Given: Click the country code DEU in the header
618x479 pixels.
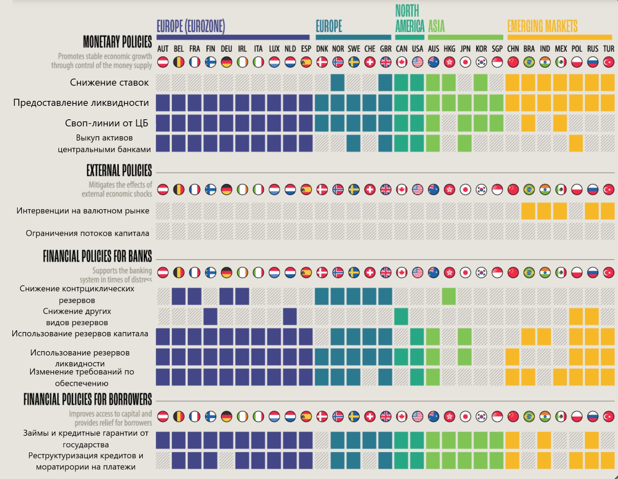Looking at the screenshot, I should click(226, 49).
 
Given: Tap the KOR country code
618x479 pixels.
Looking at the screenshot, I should click(481, 49).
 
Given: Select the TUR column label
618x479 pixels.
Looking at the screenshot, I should click(608, 49).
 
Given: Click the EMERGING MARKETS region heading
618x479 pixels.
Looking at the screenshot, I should click(542, 26).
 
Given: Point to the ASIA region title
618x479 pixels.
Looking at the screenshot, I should click(436, 26).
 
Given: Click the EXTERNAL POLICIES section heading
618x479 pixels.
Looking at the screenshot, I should click(119, 170).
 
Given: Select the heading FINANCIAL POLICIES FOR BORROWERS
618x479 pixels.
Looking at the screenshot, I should click(88, 399).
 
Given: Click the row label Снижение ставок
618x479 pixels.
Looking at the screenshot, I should click(109, 82).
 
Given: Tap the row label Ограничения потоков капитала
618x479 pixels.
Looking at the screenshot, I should click(87, 233).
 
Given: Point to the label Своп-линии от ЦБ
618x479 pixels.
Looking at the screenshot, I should click(106, 123).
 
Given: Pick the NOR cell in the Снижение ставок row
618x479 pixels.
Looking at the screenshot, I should click(338, 82).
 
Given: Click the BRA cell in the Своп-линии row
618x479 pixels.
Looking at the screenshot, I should click(528, 123).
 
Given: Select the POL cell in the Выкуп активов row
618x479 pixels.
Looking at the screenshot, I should click(576, 143).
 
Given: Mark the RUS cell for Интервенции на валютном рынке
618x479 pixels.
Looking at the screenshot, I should click(592, 211).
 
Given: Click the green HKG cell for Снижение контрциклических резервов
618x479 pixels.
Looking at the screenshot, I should click(449, 296).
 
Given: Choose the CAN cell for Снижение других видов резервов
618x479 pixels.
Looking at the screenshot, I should click(401, 317).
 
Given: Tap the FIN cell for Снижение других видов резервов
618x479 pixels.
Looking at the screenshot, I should click(210, 317).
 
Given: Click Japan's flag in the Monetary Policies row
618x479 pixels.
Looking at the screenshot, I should click(465, 62).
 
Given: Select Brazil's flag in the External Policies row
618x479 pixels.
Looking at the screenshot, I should click(529, 190).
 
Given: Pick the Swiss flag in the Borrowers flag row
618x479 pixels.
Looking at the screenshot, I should click(370, 417).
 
